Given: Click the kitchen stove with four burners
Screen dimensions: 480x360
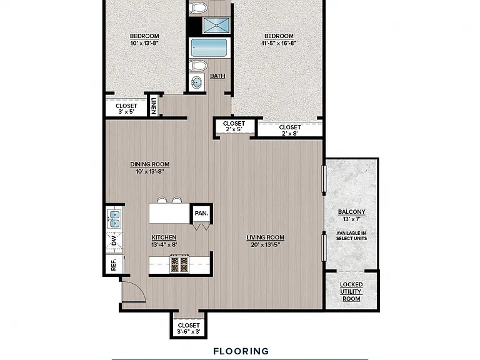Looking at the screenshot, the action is point(179,264).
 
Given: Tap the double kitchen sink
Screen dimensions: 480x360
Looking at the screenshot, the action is point(114,219).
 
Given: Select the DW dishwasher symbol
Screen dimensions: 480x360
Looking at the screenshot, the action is point(114,241).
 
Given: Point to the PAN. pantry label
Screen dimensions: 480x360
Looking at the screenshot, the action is point(202,213).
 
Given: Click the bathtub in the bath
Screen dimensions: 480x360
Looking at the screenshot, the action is point(209,47).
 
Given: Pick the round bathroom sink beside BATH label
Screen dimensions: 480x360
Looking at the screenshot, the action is point(196,82).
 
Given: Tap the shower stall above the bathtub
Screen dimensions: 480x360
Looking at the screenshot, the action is point(216,25).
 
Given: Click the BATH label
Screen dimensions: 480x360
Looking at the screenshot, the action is point(217,76).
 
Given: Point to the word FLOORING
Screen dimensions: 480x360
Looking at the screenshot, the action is point(241,351).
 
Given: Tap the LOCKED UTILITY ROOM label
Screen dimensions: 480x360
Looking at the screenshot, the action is point(351,292).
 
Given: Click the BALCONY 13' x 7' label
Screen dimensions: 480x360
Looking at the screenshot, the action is point(351,215).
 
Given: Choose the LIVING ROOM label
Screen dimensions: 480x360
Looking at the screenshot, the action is point(266,237).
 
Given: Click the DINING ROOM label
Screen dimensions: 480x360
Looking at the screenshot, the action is point(150,164).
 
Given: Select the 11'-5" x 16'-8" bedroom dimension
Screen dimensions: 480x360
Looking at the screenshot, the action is point(279,44).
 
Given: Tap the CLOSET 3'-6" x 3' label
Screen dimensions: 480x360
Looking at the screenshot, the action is point(189,328).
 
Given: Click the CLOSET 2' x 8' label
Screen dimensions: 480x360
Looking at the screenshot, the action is point(290,130).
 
